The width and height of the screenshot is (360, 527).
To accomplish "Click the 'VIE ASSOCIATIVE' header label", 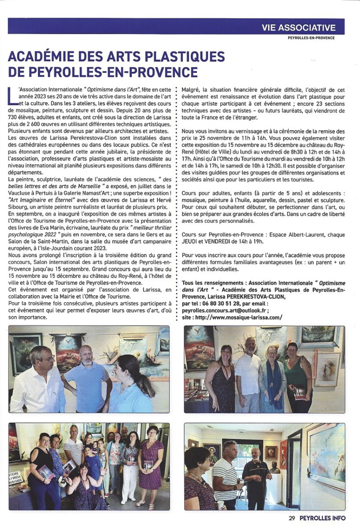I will (298, 27).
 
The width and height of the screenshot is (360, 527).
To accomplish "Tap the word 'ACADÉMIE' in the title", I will (46, 57).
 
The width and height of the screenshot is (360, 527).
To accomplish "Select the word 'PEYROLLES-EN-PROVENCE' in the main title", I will (113, 72).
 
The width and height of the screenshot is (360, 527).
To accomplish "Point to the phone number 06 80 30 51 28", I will (221, 303).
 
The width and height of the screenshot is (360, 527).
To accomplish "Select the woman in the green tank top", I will (298, 373).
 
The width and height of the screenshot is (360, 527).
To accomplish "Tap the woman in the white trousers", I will (130, 466).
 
